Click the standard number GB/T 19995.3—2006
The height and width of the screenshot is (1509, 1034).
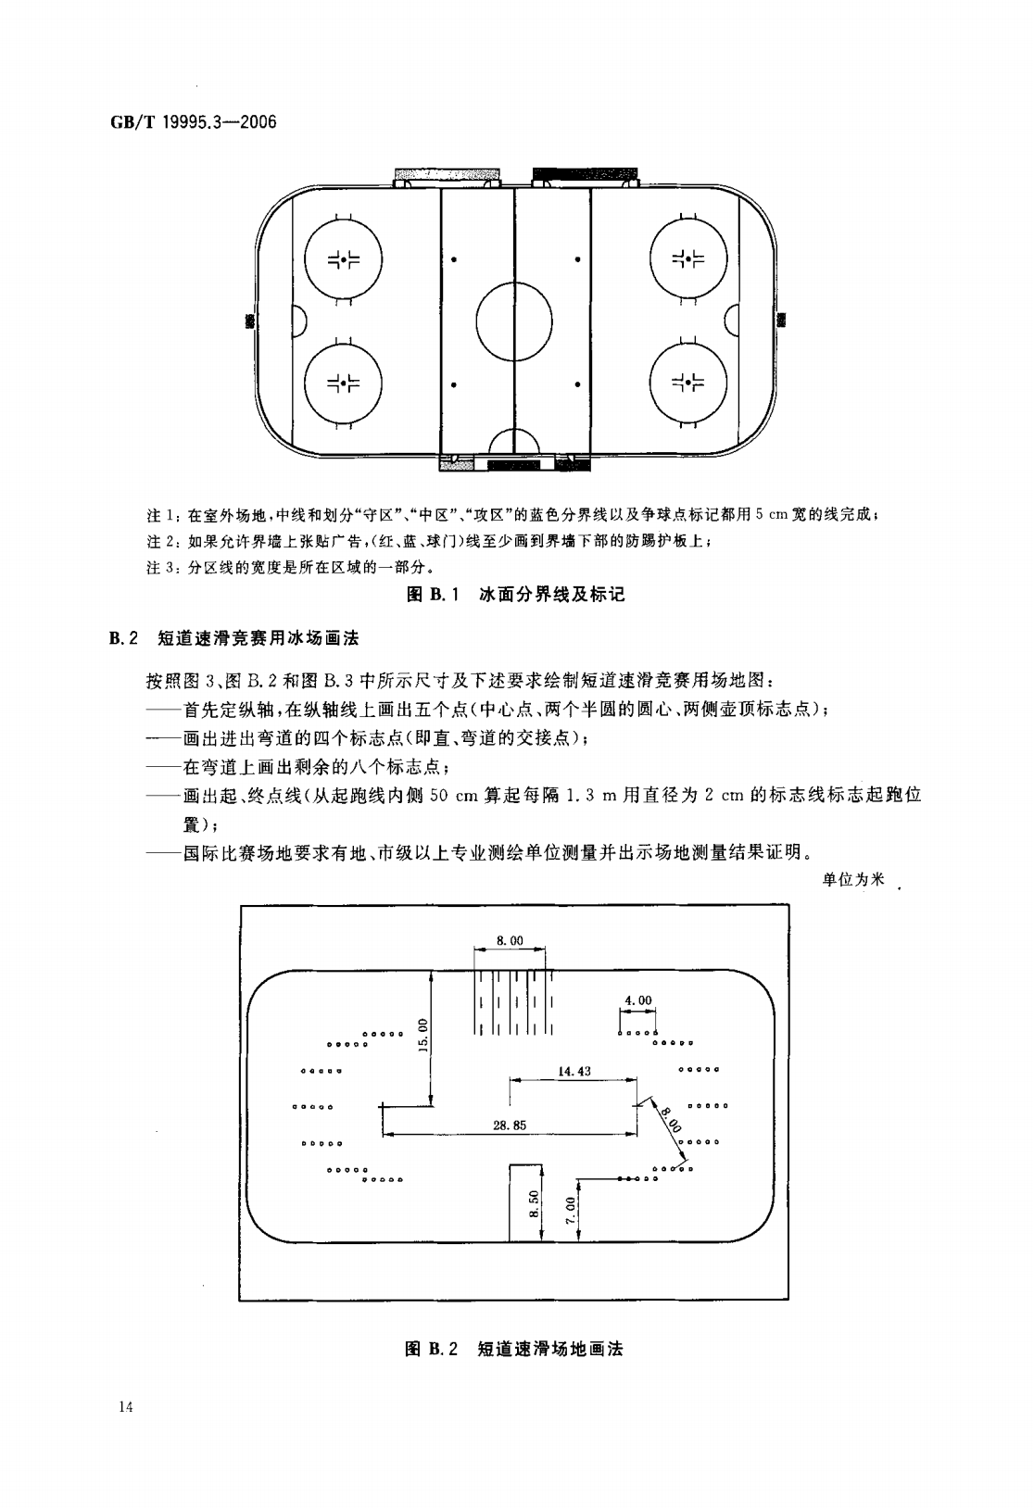193,122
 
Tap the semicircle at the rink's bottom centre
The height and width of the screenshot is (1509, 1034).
514,428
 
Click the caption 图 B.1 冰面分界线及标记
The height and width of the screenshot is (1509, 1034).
516,594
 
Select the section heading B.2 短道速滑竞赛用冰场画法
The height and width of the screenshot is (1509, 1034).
234,638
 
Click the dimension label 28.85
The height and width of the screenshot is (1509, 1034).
510,1125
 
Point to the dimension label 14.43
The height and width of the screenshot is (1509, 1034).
574,1071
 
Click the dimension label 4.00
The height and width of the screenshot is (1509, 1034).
638,1000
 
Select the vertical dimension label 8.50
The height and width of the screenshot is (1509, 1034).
534,1204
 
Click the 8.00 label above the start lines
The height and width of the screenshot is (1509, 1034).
510,940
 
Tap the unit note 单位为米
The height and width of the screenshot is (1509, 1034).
852,880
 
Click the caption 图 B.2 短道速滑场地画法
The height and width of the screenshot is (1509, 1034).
514,1349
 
